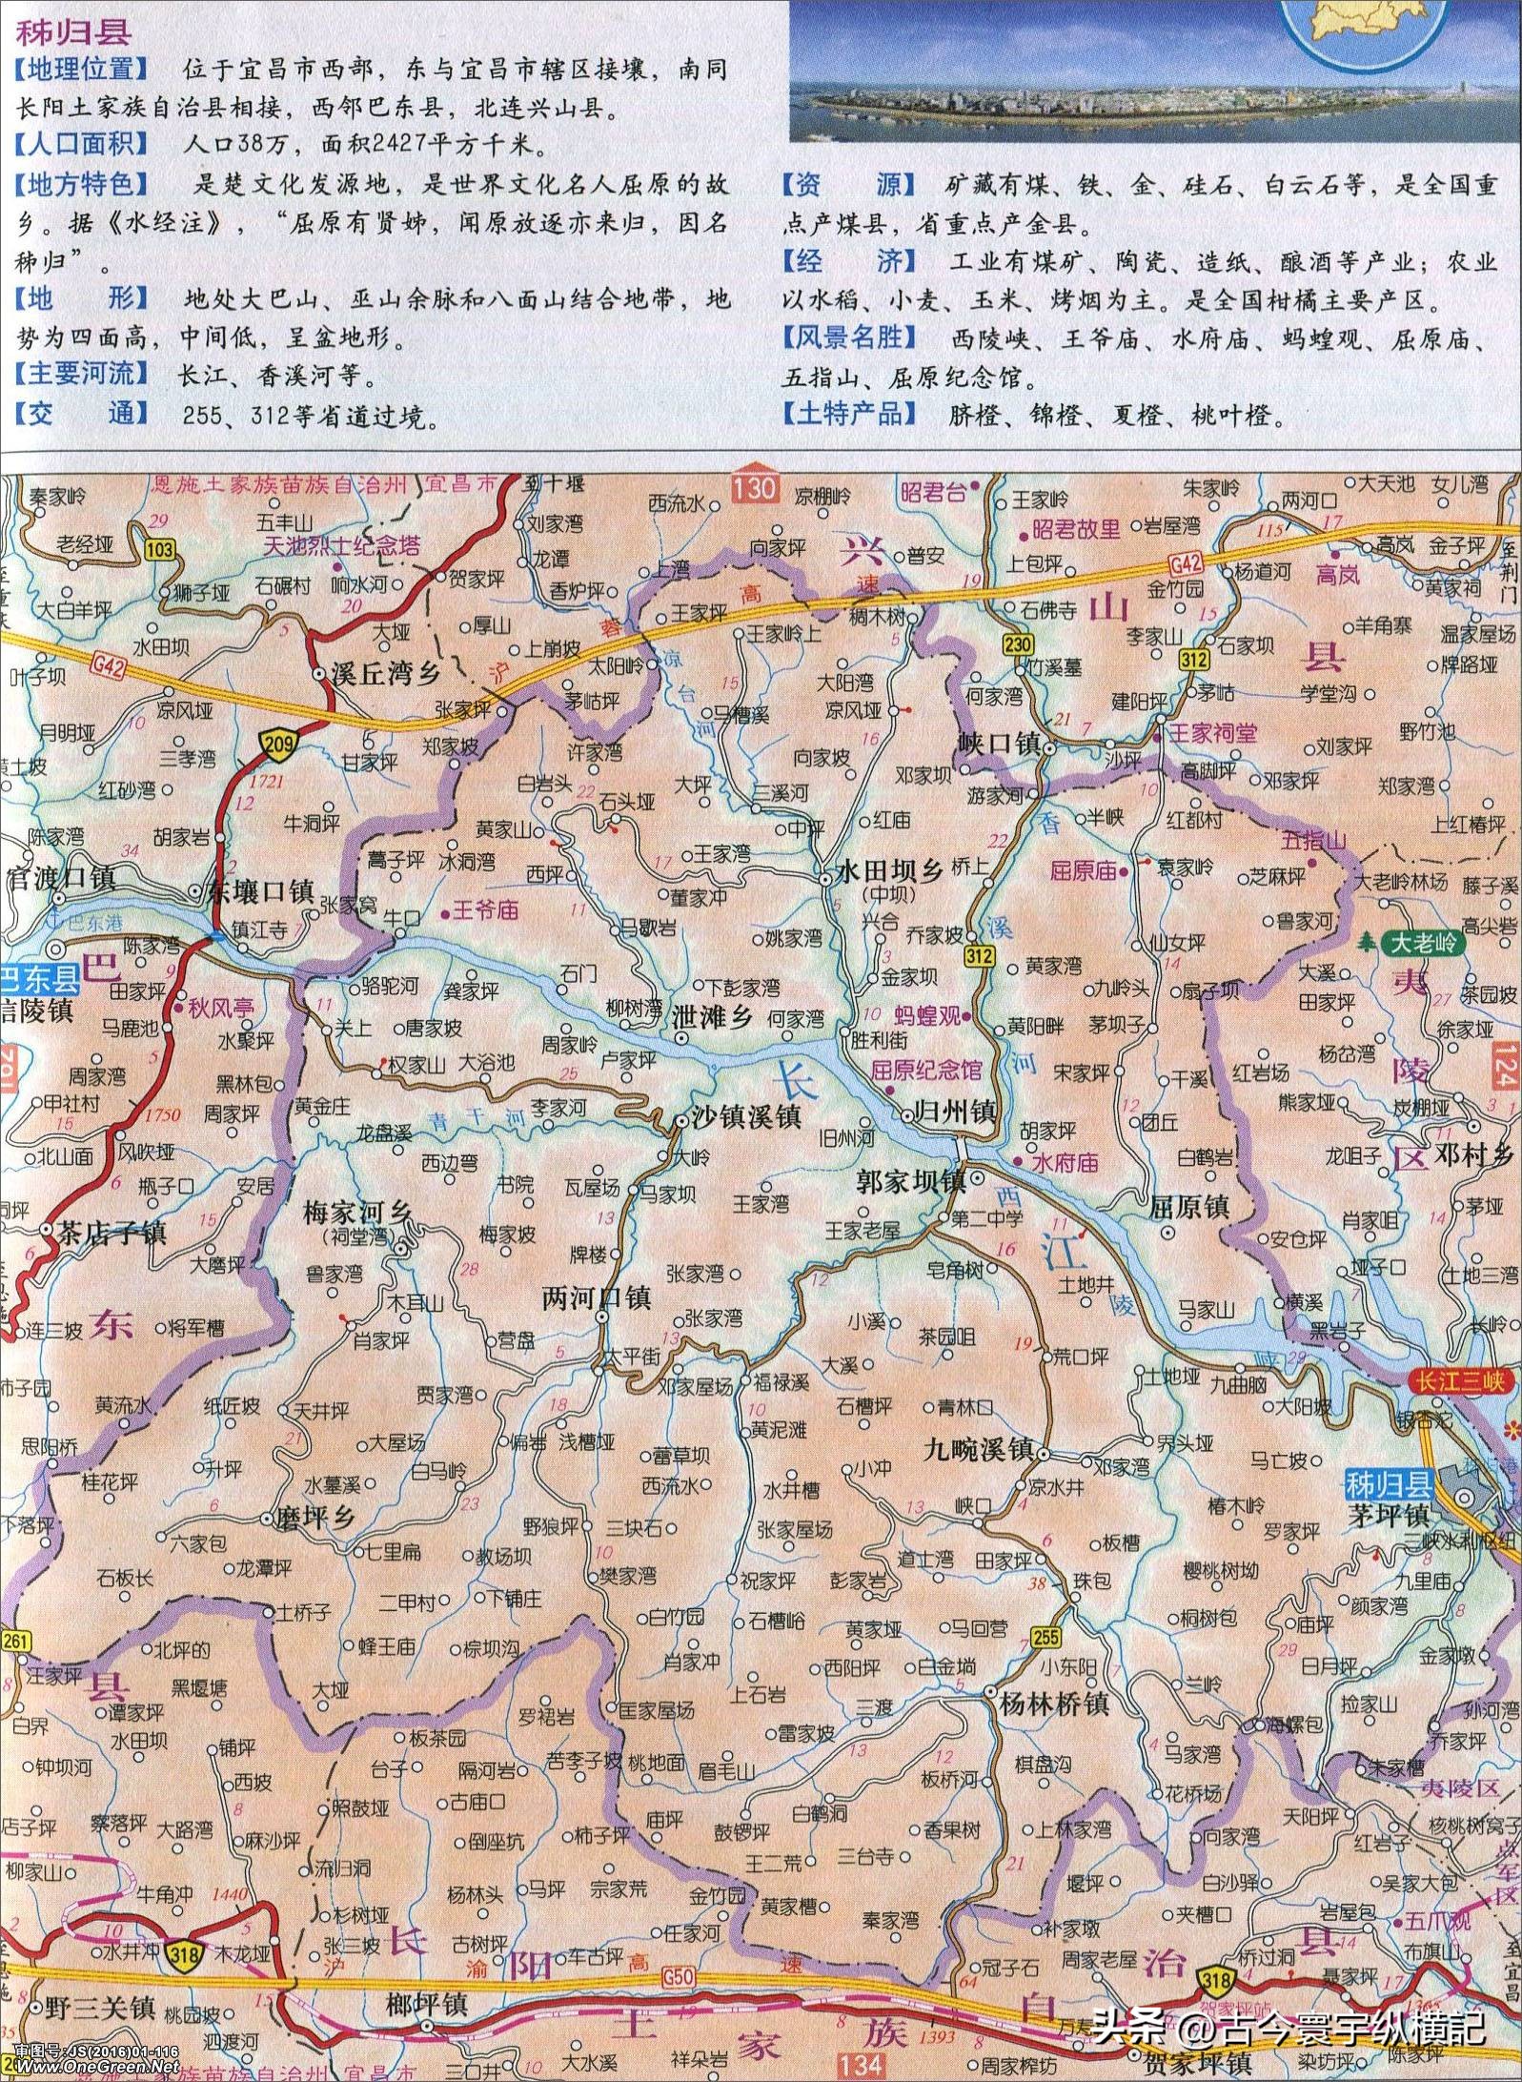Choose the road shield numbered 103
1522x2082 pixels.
click(x=160, y=549)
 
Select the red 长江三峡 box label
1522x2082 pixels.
click(x=1457, y=1381)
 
